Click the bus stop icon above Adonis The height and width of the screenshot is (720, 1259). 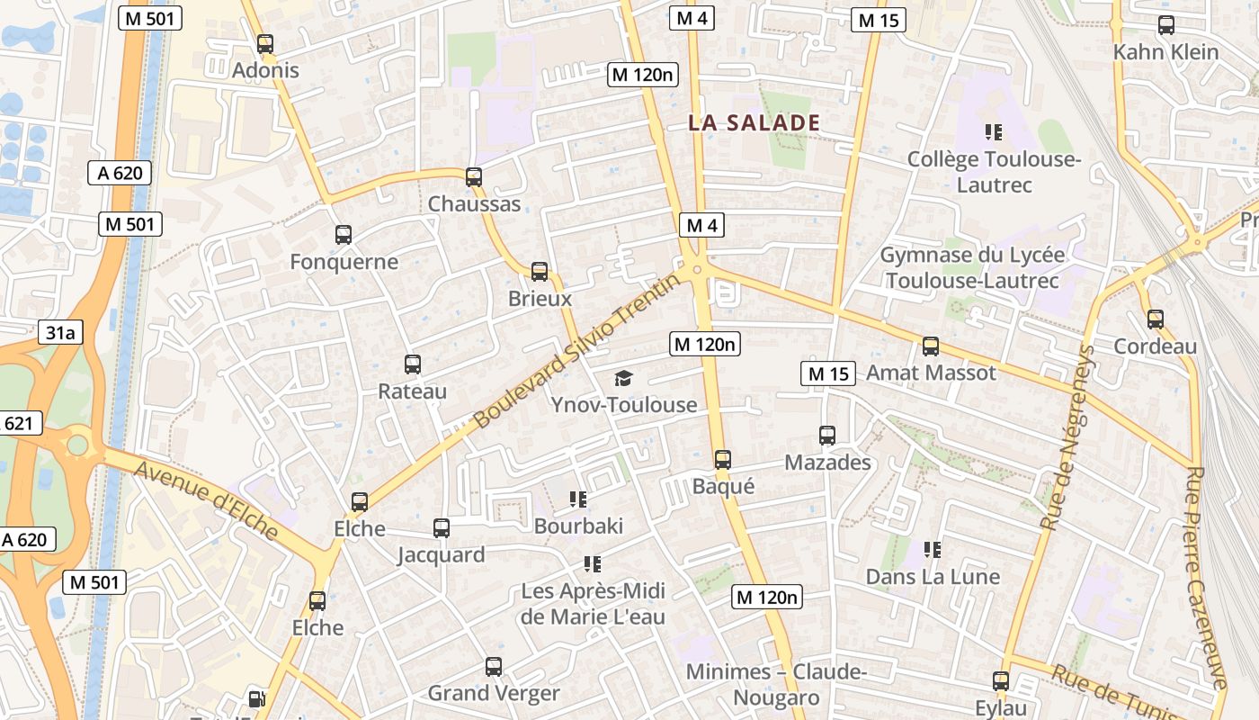click(x=264, y=43)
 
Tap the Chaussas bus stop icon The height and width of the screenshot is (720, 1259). click(x=474, y=177)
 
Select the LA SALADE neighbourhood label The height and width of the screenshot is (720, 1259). click(x=754, y=123)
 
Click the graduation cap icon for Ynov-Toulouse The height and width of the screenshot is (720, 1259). click(x=623, y=379)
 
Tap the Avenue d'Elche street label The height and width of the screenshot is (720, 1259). click(x=206, y=500)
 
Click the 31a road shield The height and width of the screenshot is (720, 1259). click(x=60, y=332)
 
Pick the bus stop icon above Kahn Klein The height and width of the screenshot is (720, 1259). click(x=1166, y=25)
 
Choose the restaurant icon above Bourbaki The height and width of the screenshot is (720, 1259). click(x=578, y=499)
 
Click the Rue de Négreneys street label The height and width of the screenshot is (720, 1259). click(x=1068, y=436)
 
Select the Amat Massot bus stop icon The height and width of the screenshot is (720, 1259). click(x=931, y=346)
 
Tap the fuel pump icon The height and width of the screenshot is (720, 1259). click(x=257, y=698)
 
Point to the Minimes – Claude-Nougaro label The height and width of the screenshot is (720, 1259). click(x=776, y=684)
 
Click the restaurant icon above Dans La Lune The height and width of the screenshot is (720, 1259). click(x=933, y=549)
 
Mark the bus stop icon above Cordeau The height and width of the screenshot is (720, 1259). click(x=1156, y=319)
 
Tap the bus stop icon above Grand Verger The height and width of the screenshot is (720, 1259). click(x=494, y=667)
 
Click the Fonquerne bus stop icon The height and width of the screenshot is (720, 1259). click(x=344, y=235)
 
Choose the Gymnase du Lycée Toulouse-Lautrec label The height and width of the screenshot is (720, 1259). click(x=971, y=267)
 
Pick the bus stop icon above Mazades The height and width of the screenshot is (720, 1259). click(x=827, y=436)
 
